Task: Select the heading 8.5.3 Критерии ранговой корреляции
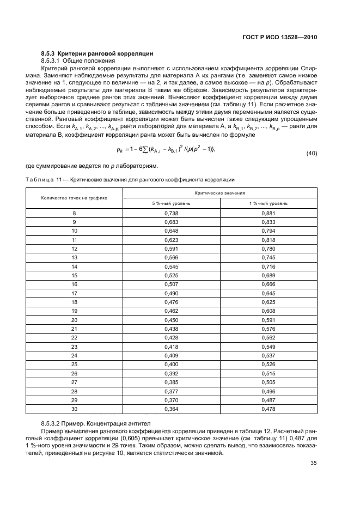point(97,53)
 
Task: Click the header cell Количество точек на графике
point(74,198)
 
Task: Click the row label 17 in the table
point(74,294)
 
